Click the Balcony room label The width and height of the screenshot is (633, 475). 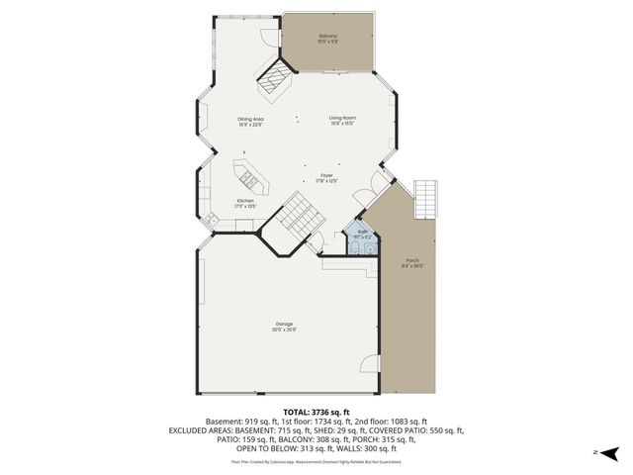(328, 37)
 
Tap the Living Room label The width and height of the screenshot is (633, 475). (342, 118)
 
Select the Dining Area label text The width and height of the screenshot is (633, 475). (250, 118)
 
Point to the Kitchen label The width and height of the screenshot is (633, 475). (245, 201)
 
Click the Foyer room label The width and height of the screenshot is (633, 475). (326, 175)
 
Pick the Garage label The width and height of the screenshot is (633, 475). (284, 324)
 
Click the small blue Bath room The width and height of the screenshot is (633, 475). (362, 237)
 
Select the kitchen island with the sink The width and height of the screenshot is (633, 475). (247, 178)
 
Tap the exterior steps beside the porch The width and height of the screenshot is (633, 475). (425, 201)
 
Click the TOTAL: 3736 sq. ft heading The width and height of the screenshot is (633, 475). (316, 412)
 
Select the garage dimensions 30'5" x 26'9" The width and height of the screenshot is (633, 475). (284, 330)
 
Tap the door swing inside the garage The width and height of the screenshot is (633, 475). (368, 361)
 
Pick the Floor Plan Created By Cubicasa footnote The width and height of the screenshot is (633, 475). (316, 461)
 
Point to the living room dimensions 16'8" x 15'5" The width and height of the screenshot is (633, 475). (342, 124)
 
